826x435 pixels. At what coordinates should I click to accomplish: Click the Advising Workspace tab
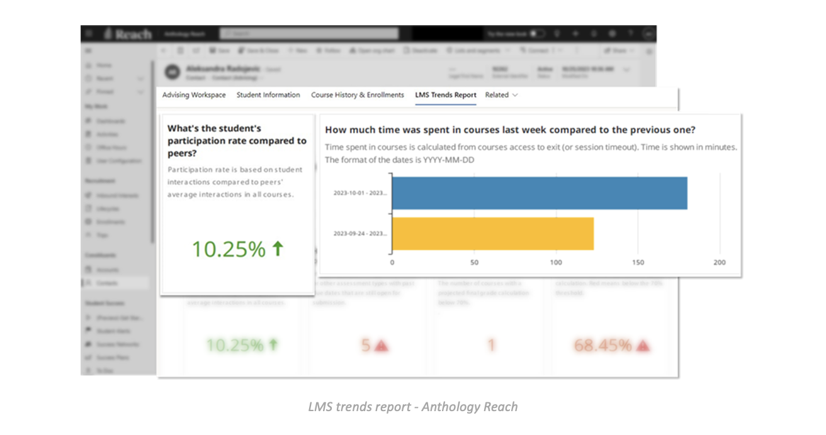tap(194, 95)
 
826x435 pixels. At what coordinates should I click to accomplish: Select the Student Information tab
tap(268, 95)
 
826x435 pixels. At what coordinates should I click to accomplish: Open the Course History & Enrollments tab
tap(358, 95)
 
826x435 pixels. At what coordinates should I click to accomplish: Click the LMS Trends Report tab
tap(446, 95)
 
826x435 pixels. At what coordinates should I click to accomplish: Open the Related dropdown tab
tap(501, 95)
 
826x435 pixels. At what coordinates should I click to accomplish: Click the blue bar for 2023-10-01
tap(540, 193)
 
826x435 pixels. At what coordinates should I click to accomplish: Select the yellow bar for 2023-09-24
tap(493, 233)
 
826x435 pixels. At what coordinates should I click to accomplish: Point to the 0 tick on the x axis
tap(392, 262)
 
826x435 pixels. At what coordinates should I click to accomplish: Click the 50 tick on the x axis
tap(474, 262)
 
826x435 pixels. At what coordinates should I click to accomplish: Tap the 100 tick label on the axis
tap(556, 262)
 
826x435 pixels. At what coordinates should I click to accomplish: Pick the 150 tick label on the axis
tap(638, 262)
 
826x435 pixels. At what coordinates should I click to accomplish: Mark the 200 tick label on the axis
tap(720, 262)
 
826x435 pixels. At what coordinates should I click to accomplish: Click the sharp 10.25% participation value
tap(229, 250)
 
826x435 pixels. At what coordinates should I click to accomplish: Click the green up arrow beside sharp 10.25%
tap(278, 249)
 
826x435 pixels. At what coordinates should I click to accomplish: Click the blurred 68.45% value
tap(603, 345)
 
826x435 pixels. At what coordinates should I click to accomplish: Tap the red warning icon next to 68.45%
tap(642, 345)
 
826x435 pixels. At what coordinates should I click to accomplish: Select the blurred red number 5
tap(366, 345)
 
